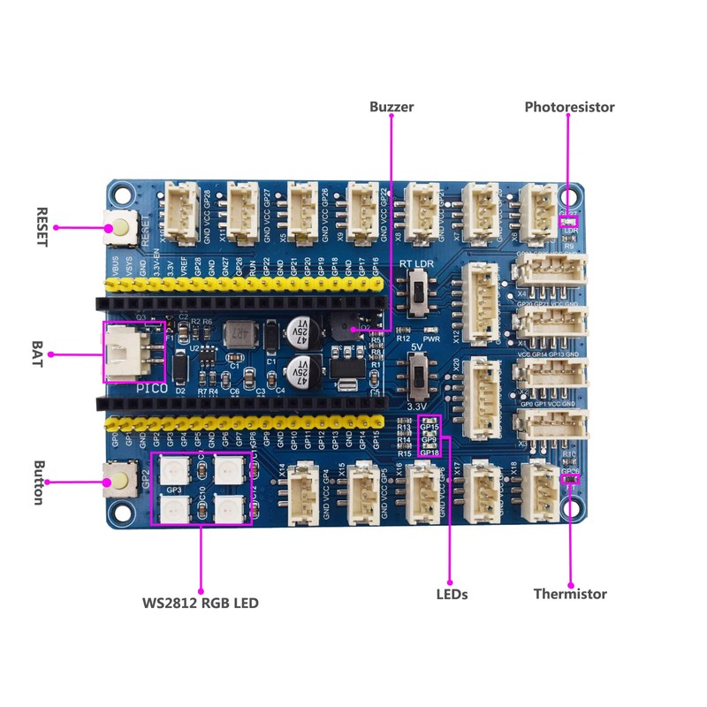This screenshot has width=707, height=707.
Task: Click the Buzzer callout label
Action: click(392, 107)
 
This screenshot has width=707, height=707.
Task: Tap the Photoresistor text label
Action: click(569, 107)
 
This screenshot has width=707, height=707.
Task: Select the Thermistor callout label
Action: click(570, 594)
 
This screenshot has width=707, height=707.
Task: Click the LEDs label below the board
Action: click(452, 594)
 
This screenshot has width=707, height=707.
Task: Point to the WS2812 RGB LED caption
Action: click(201, 604)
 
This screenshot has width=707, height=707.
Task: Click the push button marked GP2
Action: click(118, 481)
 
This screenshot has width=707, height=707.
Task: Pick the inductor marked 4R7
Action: click(237, 334)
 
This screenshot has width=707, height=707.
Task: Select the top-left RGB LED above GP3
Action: click(173, 468)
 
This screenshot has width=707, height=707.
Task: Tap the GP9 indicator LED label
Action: click(430, 439)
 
